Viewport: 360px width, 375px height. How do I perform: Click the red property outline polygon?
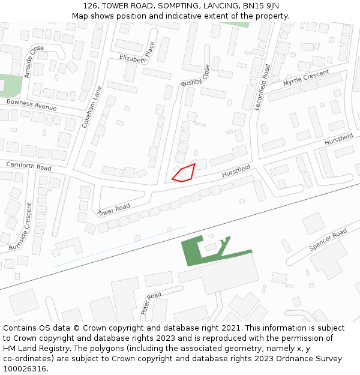pos(184,173)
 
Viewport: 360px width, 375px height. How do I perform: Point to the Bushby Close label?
pos(196,76)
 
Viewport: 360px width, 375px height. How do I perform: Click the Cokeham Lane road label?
pos(92,107)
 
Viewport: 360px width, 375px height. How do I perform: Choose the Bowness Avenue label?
pos(31,105)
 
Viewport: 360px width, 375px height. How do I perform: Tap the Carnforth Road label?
pos(29,166)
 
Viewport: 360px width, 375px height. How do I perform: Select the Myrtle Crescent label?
pos(306,78)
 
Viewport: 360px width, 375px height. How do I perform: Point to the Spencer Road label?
pos(328,239)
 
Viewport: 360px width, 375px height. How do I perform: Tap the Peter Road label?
pos(151,303)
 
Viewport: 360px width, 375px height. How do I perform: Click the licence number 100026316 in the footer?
pos(24,369)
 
